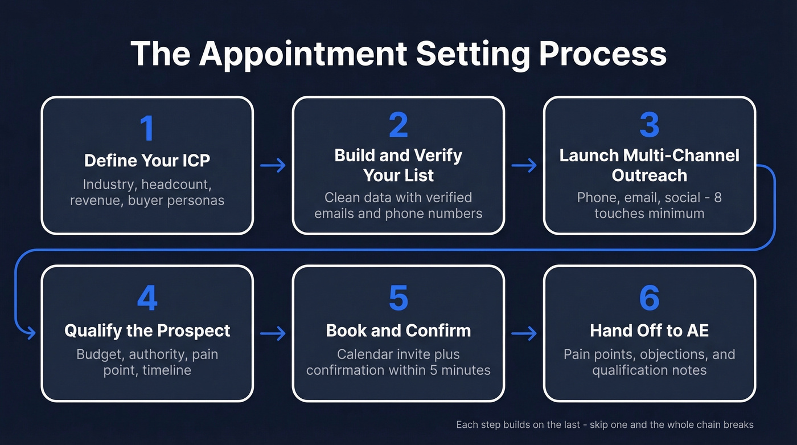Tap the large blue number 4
point(147,298)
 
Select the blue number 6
point(649,298)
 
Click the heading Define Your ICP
point(147,160)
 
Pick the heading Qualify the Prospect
point(147,330)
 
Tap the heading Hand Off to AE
point(649,330)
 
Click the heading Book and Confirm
point(398,330)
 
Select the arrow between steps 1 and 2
point(273,166)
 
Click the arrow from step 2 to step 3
point(524,166)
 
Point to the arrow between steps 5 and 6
point(524,333)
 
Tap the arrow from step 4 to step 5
point(273,333)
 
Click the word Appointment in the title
point(302,54)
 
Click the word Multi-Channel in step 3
point(681,156)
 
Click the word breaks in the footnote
point(738,425)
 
